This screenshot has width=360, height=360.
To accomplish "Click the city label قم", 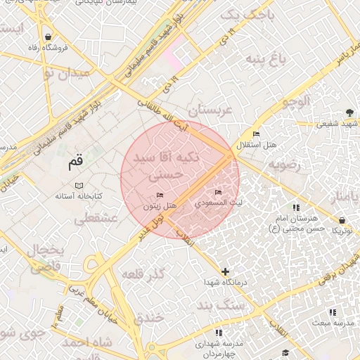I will [75, 165].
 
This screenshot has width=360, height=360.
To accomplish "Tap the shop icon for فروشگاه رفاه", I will [47, 37].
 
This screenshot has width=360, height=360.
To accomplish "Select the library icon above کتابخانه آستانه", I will [79, 184].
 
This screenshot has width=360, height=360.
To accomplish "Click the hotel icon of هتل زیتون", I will [160, 195].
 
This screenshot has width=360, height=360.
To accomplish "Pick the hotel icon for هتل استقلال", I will [256, 134].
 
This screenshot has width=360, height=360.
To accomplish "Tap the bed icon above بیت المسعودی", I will [218, 192].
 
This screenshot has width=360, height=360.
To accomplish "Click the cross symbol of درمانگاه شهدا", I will [225, 271].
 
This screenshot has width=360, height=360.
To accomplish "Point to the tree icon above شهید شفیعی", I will [349, 112].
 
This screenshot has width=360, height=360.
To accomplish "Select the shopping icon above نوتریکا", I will [342, 219].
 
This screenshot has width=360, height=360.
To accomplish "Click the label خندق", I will [149, 317].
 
